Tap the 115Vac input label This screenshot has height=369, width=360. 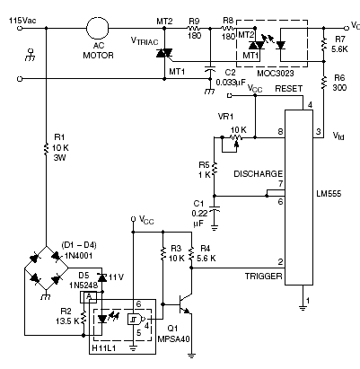click(x=22, y=21)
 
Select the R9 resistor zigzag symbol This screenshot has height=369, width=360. click(x=194, y=28)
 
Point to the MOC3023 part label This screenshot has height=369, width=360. click(x=276, y=73)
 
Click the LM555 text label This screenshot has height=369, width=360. click(x=329, y=194)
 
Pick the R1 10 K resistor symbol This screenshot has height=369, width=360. click(x=46, y=149)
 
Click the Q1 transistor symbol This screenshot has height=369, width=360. click(x=185, y=303)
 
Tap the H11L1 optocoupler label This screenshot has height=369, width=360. click(x=104, y=348)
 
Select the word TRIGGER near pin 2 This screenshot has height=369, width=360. click(x=263, y=276)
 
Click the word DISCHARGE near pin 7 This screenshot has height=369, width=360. click(x=259, y=174)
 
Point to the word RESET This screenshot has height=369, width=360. click(x=288, y=89)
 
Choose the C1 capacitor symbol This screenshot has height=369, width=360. click(x=214, y=208)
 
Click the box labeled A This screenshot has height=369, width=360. click(x=89, y=297)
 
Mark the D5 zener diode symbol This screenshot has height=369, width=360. click(x=102, y=278)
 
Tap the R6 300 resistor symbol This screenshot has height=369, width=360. click(x=323, y=83)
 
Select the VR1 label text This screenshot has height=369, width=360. click(x=225, y=116)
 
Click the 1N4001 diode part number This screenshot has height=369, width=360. click(x=79, y=256)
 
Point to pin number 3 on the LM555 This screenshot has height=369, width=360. click(x=319, y=131)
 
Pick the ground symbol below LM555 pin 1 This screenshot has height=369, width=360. click(x=303, y=308)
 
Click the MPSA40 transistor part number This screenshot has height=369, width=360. click(x=173, y=339)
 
